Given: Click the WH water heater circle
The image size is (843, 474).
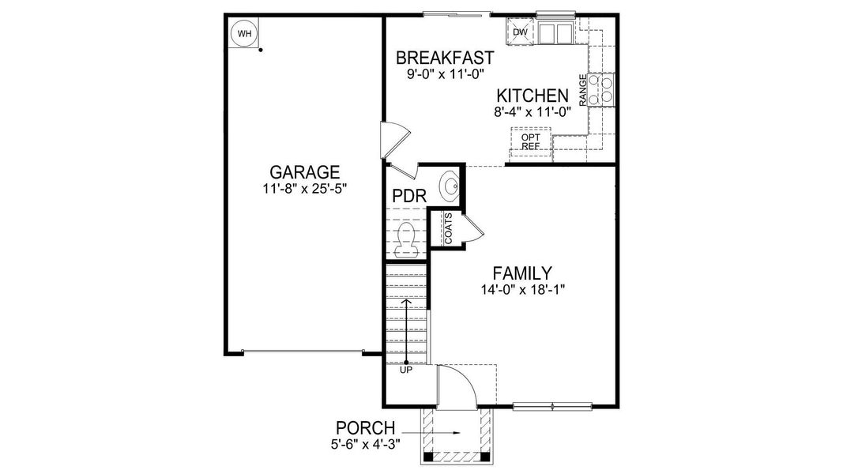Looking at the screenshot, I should pos(244,34).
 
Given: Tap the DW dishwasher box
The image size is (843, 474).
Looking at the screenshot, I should pos(520,32).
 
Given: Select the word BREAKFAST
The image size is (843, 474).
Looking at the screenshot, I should pos(445,58).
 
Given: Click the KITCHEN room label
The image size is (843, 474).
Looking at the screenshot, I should pos(533,96).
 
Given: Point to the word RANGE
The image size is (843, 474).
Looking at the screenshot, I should pos(583,90).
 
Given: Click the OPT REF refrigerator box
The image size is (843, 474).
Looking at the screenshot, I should pos(529,141).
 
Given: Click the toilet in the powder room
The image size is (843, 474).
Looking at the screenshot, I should pos(406,239).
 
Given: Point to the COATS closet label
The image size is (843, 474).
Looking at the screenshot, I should pos(448,228).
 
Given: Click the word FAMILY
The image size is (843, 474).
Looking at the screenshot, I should pos(521,273).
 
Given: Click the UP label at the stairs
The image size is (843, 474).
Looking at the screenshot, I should pos(406,369).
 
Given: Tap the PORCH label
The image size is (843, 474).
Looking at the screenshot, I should pos(364,428).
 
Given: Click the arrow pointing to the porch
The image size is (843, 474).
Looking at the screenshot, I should pos(442,433).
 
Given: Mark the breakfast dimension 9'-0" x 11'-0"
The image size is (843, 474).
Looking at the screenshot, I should pos(445,74).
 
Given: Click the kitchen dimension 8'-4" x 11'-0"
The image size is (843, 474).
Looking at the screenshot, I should pos(533,111).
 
